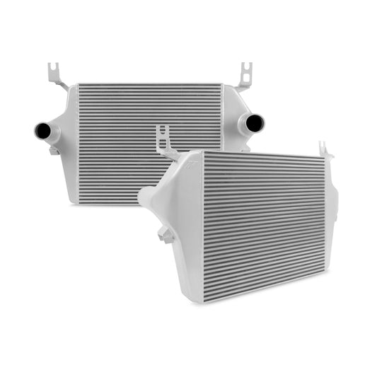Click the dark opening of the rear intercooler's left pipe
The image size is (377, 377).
click(x=42, y=130)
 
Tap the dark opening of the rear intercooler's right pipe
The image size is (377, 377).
click(x=256, y=124)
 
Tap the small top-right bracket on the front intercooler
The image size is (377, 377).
click(x=325, y=149)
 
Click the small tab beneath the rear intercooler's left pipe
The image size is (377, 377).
click(x=54, y=150)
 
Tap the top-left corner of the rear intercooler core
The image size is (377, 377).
click(x=81, y=87)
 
